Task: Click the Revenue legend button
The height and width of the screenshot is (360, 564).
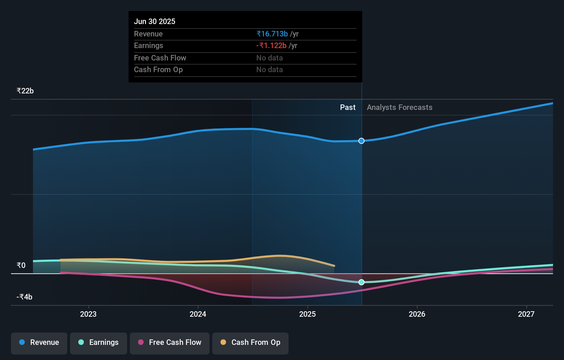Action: pyautogui.click(x=39, y=342)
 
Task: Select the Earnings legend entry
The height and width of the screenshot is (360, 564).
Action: pyautogui.click(x=99, y=342)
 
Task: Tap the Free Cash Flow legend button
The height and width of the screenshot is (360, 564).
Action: pyautogui.click(x=170, y=342)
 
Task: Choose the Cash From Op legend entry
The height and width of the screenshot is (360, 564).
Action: pyautogui.click(x=250, y=342)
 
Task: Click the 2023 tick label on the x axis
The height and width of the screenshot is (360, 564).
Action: pyautogui.click(x=88, y=314)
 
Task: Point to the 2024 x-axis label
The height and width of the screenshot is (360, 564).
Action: pyautogui.click(x=198, y=314)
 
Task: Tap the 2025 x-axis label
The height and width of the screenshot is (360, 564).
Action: pyautogui.click(x=307, y=314)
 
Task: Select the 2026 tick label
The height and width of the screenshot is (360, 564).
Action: pyautogui.click(x=417, y=314)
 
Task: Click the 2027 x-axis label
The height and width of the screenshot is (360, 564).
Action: pyautogui.click(x=526, y=314)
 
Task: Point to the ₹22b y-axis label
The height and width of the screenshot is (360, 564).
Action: pyautogui.click(x=25, y=91)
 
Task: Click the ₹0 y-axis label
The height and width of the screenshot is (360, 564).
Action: pyautogui.click(x=21, y=265)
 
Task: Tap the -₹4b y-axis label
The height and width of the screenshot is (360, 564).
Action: pyautogui.click(x=24, y=297)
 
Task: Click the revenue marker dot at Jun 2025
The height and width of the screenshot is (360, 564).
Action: pyautogui.click(x=361, y=141)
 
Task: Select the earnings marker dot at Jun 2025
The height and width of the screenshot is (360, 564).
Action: pyautogui.click(x=361, y=282)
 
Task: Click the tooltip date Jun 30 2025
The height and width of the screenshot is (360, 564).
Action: pyautogui.click(x=155, y=21)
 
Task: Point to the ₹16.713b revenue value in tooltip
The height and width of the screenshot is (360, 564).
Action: pyautogui.click(x=272, y=34)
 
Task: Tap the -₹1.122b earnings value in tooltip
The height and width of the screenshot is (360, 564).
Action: pyautogui.click(x=271, y=46)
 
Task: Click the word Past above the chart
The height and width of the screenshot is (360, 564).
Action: pyautogui.click(x=348, y=108)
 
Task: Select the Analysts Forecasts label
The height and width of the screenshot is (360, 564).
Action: pyautogui.click(x=399, y=108)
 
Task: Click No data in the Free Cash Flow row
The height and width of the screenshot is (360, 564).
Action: pyautogui.click(x=270, y=58)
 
